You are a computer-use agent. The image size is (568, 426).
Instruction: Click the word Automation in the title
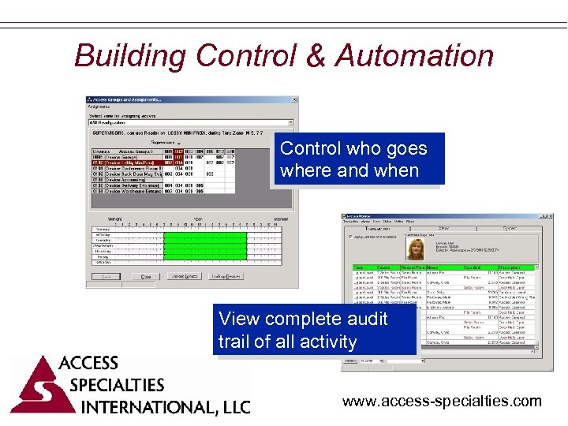tap(414, 56)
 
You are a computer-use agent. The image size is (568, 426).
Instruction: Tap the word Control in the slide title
tap(244, 56)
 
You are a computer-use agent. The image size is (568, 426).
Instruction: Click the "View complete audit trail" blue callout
tap(314, 331)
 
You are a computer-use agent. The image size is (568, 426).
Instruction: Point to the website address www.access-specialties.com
tap(442, 402)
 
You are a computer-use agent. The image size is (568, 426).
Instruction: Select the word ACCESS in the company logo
tap(88, 364)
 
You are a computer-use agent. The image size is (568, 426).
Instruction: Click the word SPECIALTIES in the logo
tap(117, 386)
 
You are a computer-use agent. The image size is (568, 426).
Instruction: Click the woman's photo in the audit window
tap(414, 249)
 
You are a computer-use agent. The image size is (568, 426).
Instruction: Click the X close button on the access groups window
tap(295, 100)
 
